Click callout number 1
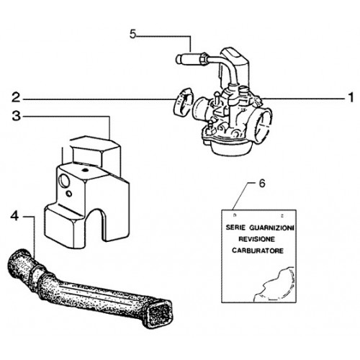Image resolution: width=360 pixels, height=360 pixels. (x=351, y=98)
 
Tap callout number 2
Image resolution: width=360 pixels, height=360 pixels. (x=17, y=98)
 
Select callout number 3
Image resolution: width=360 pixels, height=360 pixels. (x=17, y=116)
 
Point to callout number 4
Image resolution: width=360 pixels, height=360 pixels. (x=14, y=217)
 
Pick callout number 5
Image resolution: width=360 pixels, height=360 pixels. (x=132, y=34)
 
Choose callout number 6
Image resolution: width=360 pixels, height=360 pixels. (x=262, y=184)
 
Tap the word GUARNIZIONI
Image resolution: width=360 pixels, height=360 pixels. (x=271, y=228)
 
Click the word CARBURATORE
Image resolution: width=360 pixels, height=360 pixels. (x=258, y=251)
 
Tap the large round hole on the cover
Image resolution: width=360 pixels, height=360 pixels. (x=64, y=181)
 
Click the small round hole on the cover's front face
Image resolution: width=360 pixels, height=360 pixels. (x=69, y=194)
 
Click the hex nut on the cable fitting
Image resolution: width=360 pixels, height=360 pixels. (x=204, y=58)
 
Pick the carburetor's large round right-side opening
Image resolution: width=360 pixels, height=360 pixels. (x=264, y=123)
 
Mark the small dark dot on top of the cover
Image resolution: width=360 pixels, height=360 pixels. (x=84, y=171)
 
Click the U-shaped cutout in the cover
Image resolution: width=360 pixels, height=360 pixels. (x=104, y=225)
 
